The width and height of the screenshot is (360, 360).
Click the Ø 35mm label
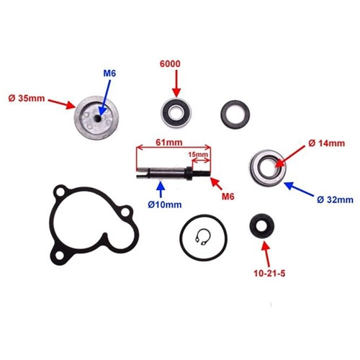[x=27, y=99]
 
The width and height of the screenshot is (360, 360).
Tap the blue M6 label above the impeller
[x=109, y=73]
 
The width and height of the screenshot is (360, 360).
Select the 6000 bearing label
[x=170, y=64]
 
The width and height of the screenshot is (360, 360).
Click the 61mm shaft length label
[x=169, y=143]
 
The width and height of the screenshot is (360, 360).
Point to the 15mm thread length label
[x=198, y=154]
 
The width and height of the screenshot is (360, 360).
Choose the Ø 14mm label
[x=326, y=143]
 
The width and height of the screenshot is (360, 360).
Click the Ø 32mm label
[x=335, y=199]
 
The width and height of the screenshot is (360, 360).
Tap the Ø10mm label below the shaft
[x=165, y=204]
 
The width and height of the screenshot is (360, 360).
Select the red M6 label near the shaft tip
[x=228, y=197]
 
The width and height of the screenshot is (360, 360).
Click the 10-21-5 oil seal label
[x=269, y=274]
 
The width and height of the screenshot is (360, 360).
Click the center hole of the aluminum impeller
[x=97, y=118]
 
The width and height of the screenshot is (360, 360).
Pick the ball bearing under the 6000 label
[x=176, y=112]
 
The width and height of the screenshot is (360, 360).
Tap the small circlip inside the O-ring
[x=203, y=237]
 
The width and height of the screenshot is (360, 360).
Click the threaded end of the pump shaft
[x=202, y=174]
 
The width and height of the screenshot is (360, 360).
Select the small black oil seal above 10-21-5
[x=261, y=226]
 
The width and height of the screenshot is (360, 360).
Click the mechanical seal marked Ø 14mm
[x=267, y=168]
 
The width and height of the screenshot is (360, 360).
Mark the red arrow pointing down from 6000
[x=176, y=84]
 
